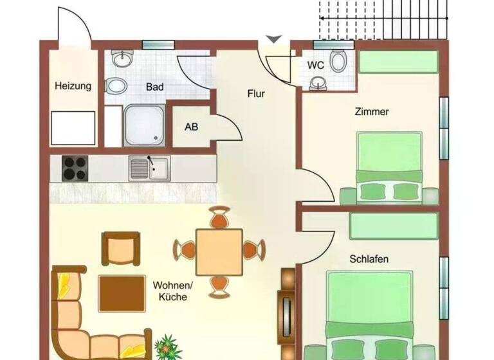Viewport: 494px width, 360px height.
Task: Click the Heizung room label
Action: coord(73,85)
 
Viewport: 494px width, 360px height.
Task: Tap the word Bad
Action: coord(154,86)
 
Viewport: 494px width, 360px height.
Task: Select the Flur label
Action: coord(256,94)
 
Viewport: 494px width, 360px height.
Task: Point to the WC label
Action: coord(315,66)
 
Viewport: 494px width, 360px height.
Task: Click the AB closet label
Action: coord(192,127)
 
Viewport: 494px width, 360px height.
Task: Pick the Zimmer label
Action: coord(372,112)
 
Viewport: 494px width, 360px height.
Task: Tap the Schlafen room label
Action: coord(369,259)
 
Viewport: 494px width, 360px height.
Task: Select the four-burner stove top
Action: coord(75,168)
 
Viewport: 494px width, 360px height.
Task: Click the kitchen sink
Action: coord(149,168)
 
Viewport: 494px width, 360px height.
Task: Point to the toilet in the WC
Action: coord(338,62)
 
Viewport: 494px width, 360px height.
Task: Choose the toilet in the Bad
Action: coord(116,85)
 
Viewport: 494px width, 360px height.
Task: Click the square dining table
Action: coord(219,248)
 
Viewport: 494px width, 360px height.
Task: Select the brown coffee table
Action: coord(118,293)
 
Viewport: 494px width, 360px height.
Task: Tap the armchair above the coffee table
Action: coord(120,249)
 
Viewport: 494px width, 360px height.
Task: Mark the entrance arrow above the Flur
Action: coord(274,40)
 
